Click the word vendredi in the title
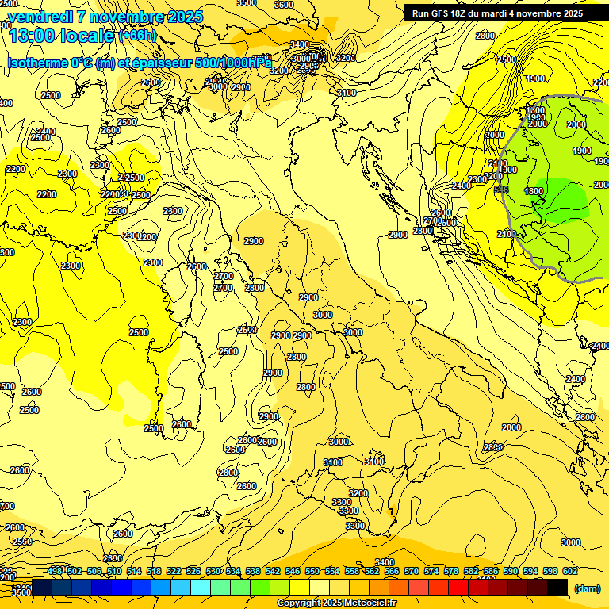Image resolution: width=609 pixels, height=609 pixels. (x=40, y=17)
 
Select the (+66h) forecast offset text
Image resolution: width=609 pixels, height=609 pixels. (x=137, y=36)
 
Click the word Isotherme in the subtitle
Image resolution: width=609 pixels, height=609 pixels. (x=37, y=63)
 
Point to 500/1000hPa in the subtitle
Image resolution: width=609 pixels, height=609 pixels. (x=233, y=63)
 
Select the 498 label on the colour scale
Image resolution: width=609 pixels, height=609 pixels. (x=55, y=571)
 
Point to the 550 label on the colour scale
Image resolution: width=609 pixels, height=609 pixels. (x=312, y=571)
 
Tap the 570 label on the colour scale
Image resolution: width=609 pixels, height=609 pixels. (x=411, y=571)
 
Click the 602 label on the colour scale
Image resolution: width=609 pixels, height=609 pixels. (x=569, y=571)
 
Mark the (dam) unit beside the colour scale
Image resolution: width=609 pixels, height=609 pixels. (x=587, y=588)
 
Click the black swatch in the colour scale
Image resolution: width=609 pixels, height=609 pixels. (x=557, y=587)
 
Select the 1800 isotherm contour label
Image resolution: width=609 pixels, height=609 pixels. (x=534, y=191)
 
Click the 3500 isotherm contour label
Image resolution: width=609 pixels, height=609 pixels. (x=21, y=592)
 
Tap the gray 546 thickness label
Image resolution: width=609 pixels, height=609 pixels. (x=500, y=190)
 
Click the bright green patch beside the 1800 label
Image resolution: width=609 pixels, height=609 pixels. (x=567, y=202)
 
